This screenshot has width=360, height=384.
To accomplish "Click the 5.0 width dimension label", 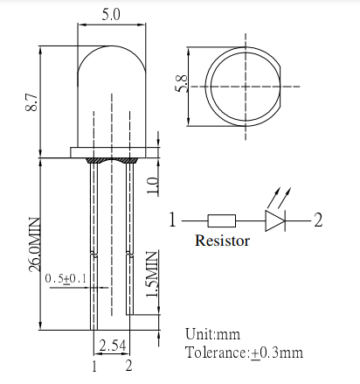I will pos(110,15).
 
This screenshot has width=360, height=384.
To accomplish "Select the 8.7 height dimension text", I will pos(32,102).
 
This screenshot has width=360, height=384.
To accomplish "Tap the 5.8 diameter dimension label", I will pos(183,85).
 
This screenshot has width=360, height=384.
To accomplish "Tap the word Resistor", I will pos(222,241).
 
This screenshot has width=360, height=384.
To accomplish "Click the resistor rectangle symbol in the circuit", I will pos(222,220).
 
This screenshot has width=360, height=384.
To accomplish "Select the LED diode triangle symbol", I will pos(277,220).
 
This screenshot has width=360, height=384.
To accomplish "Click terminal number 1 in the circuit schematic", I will pos(174,220).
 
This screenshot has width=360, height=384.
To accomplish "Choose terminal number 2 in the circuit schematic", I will pos(318,220).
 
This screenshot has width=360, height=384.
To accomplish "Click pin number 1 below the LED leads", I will pos(93,365).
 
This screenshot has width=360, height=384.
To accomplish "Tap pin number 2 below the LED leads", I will pos(128,365).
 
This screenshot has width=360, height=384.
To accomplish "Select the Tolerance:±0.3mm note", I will pos(244,353).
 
